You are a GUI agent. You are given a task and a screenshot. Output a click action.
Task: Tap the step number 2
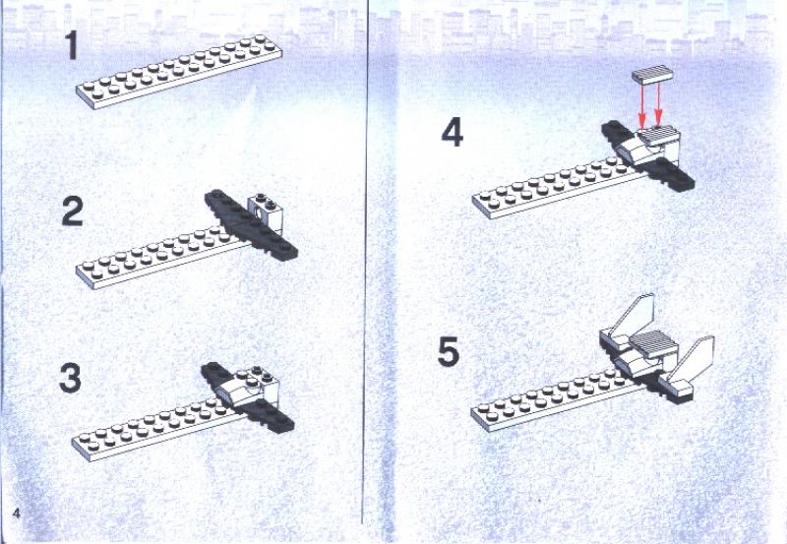point(71,212)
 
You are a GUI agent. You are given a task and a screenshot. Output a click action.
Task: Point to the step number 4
point(451,133)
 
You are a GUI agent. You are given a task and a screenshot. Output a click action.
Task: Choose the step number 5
point(449,351)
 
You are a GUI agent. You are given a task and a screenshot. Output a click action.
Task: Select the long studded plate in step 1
point(177,70)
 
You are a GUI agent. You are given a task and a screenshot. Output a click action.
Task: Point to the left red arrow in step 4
point(640,108)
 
